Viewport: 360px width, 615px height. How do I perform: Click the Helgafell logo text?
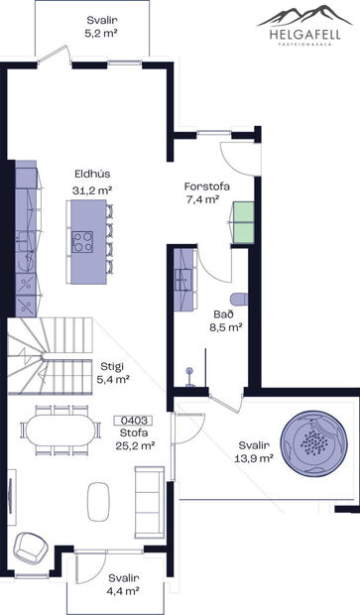[x=305, y=32]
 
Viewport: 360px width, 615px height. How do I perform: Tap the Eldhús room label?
[x=90, y=170]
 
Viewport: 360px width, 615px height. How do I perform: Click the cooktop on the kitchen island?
[x=82, y=241]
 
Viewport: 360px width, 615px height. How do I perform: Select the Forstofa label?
[x=204, y=185]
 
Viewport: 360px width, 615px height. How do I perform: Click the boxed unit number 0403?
[x=133, y=420]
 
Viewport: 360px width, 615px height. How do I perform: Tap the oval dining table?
[x=62, y=430]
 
